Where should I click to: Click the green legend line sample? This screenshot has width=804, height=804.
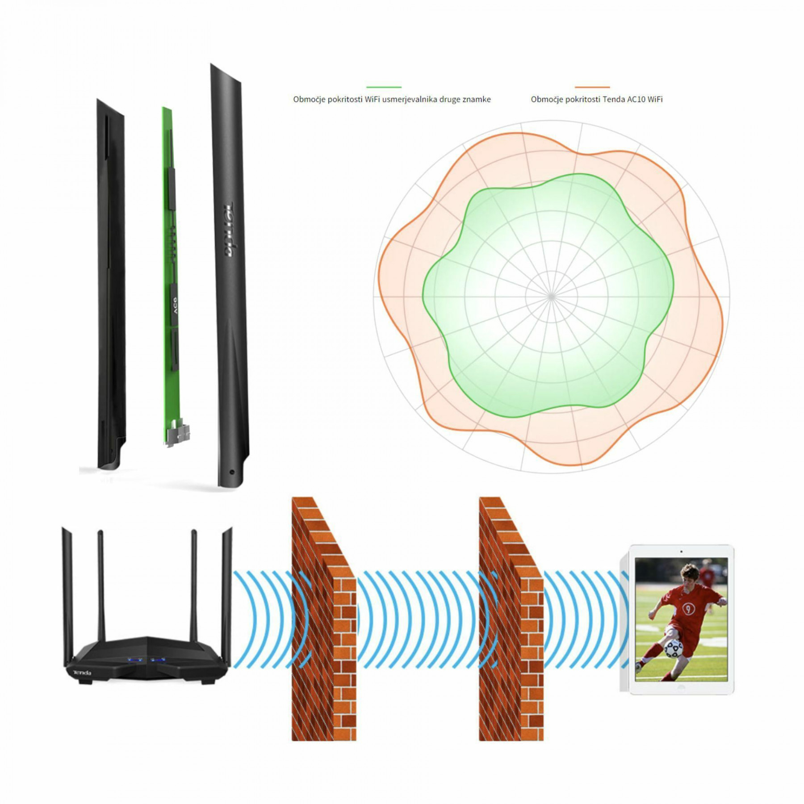point(384,87)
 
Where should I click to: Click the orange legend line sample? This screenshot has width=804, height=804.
point(592,87)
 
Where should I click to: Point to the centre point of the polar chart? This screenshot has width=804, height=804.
point(552,296)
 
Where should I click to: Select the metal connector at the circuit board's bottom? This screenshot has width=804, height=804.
point(178,435)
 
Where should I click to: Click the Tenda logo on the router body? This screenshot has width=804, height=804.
point(83,673)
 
